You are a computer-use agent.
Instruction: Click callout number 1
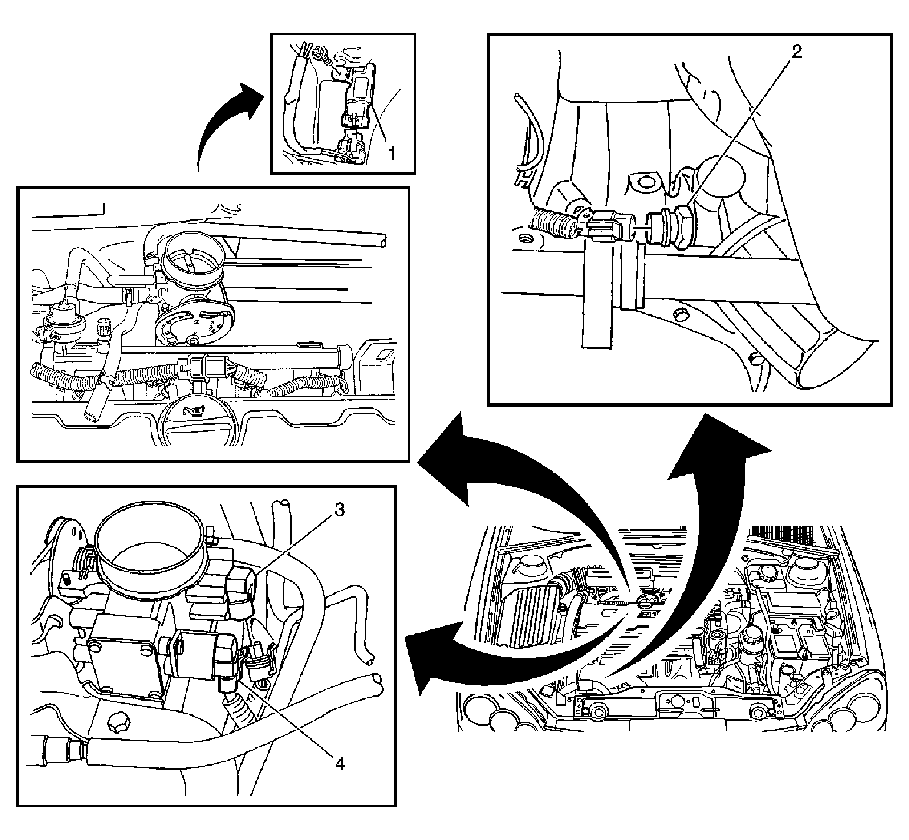(390, 153)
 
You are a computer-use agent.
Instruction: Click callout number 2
(796, 52)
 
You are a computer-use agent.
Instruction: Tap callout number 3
(339, 510)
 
